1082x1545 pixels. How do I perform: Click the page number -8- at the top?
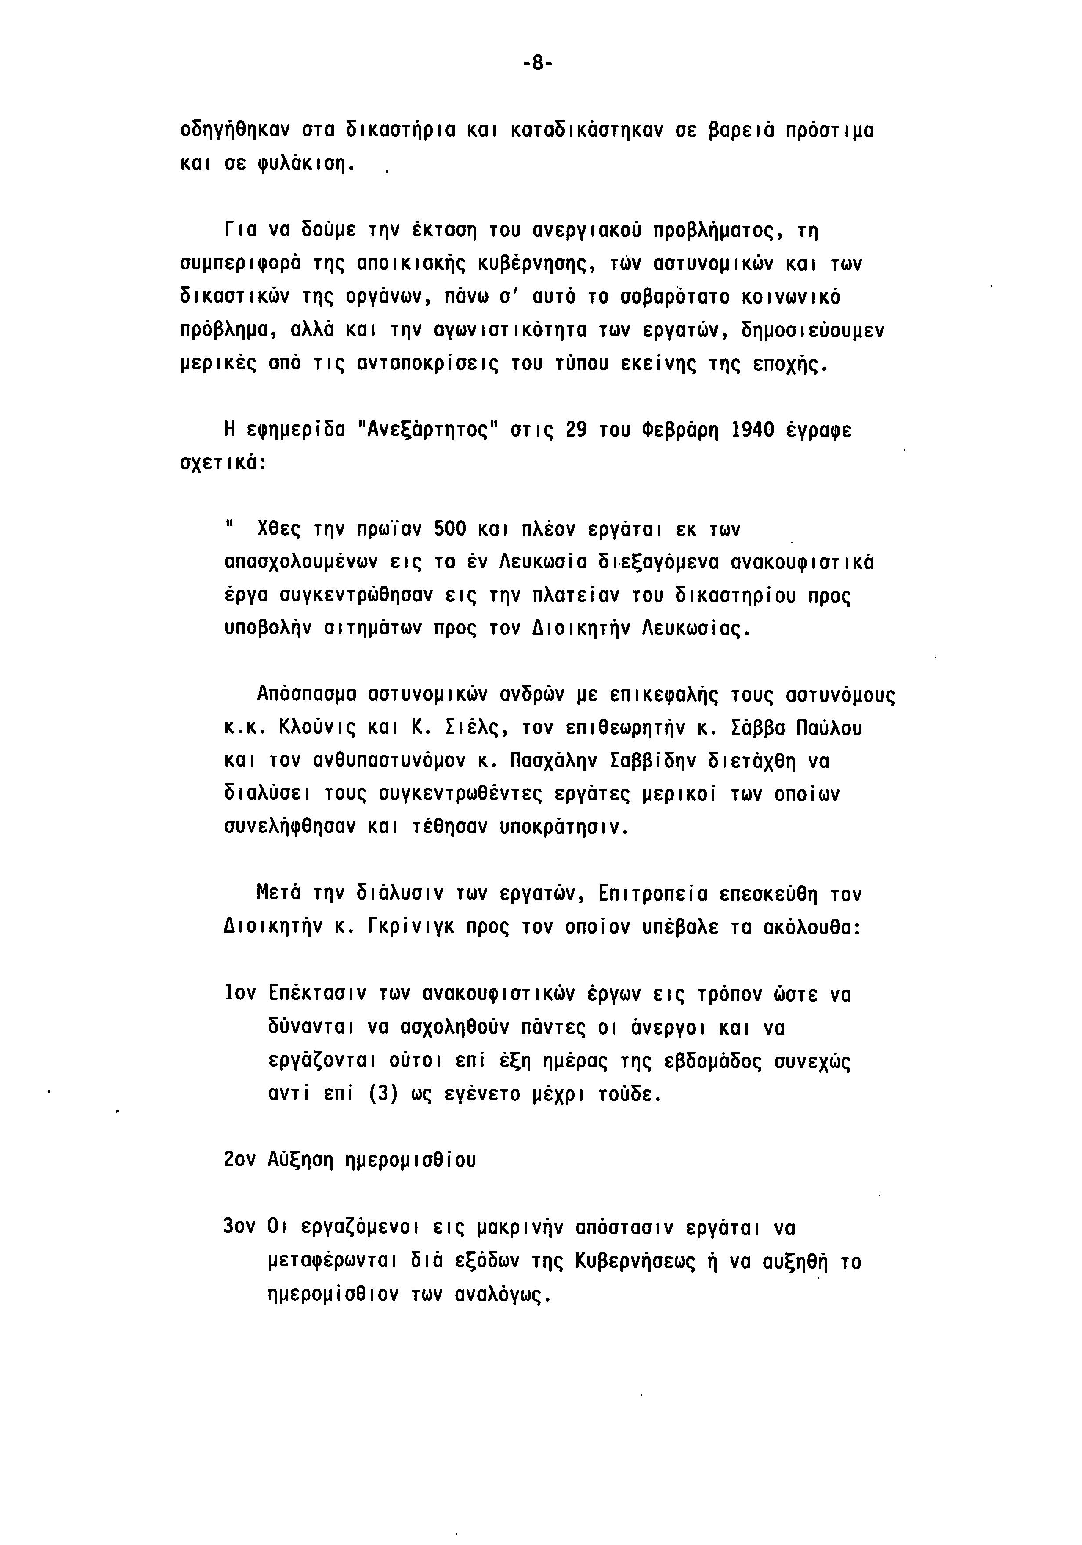[536, 64]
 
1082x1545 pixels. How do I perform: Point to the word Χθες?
[279, 530]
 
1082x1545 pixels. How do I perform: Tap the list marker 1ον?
[239, 994]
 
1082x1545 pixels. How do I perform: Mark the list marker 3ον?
[239, 1226]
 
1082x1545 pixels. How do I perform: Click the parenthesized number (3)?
[384, 1093]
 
